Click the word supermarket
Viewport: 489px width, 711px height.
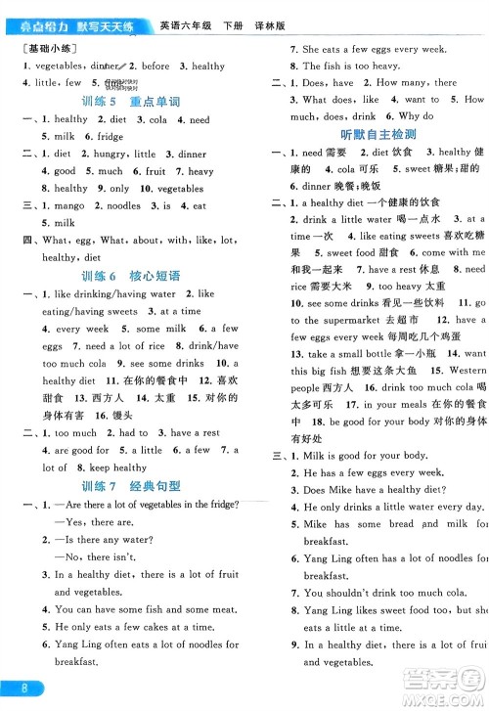pyautogui.click(x=349, y=320)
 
